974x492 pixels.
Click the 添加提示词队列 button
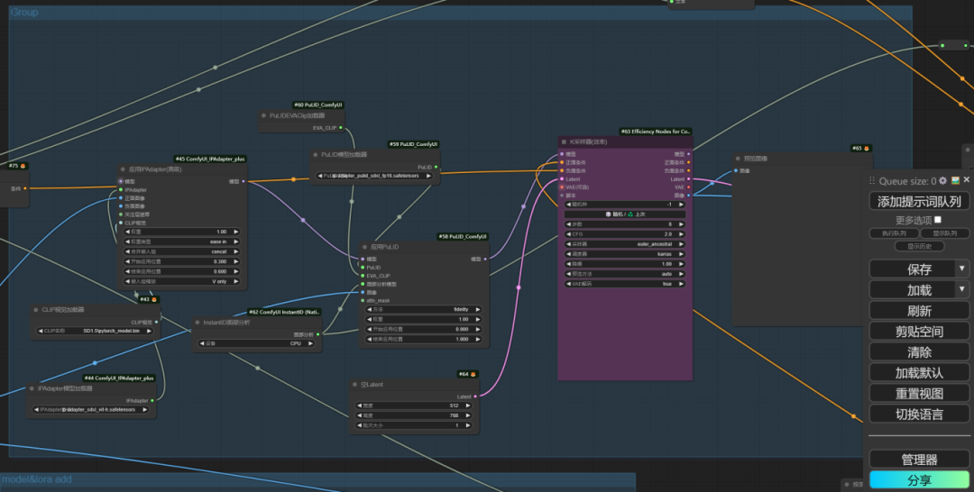919,202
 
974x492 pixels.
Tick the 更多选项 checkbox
938,219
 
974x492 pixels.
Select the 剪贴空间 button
919,331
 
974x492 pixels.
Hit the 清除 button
919,351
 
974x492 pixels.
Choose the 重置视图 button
919,393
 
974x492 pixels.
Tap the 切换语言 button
919,414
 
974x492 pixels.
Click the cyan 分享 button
919,480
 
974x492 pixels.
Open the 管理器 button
919,460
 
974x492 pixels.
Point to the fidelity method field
426,309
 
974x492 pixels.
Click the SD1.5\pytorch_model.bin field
97,331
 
